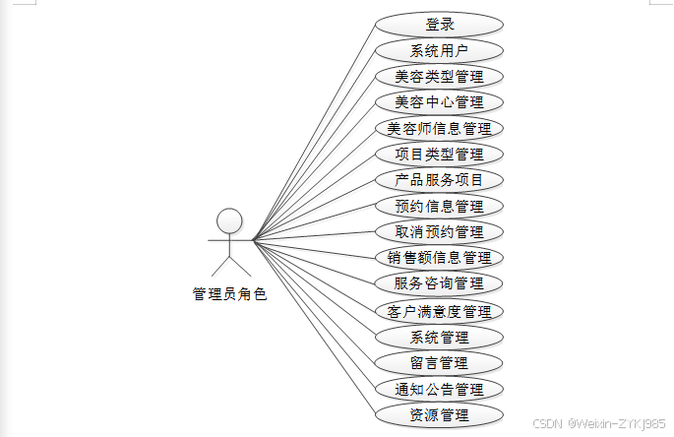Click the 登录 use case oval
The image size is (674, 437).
click(x=439, y=25)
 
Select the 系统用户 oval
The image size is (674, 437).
click(x=439, y=50)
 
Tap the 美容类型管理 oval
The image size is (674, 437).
click(x=439, y=76)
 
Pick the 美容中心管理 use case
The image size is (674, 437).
click(x=439, y=101)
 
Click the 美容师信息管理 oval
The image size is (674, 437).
click(x=439, y=128)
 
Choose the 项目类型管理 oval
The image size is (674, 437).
click(x=439, y=154)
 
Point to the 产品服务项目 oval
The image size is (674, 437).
click(x=439, y=180)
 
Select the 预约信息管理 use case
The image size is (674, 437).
click(x=439, y=206)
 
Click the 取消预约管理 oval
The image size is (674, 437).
click(x=439, y=232)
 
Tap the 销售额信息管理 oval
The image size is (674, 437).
click(x=439, y=258)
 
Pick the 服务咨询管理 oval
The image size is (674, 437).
click(x=439, y=283)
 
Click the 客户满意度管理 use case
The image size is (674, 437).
click(x=439, y=311)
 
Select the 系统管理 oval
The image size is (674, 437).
click(x=439, y=337)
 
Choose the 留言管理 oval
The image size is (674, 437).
click(x=439, y=363)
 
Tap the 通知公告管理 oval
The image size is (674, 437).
click(x=439, y=389)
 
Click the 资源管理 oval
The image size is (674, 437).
click(x=439, y=414)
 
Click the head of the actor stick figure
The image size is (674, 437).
click(x=229, y=219)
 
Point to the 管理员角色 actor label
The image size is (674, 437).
click(x=229, y=293)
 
